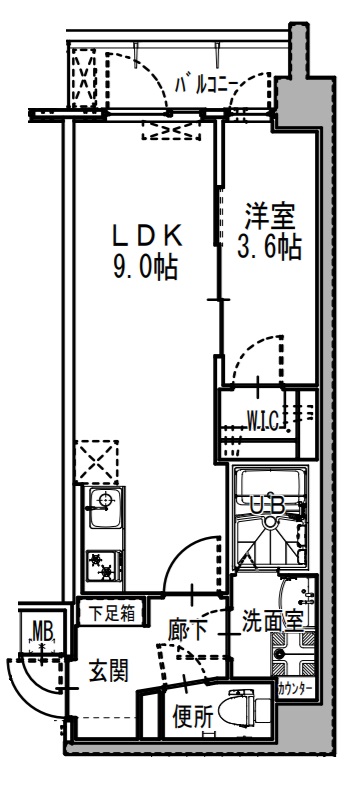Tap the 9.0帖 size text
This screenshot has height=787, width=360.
tap(146, 267)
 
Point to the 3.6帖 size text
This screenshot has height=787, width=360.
tap(271, 247)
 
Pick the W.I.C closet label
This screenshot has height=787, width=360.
tap(264, 416)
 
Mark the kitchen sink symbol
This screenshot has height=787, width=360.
tap(102, 509)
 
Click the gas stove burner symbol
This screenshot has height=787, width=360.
tap(101, 567)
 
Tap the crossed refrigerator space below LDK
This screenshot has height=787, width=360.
tap(99, 461)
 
